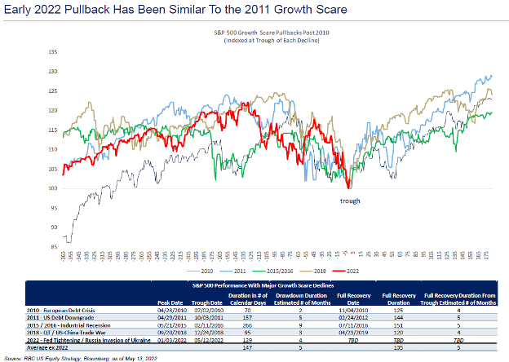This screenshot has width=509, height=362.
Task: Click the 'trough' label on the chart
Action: (350, 200)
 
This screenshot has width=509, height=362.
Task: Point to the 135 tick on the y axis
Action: (53, 51)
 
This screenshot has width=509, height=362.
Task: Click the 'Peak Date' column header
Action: (170, 299)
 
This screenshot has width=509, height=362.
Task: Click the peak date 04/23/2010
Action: (170, 311)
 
